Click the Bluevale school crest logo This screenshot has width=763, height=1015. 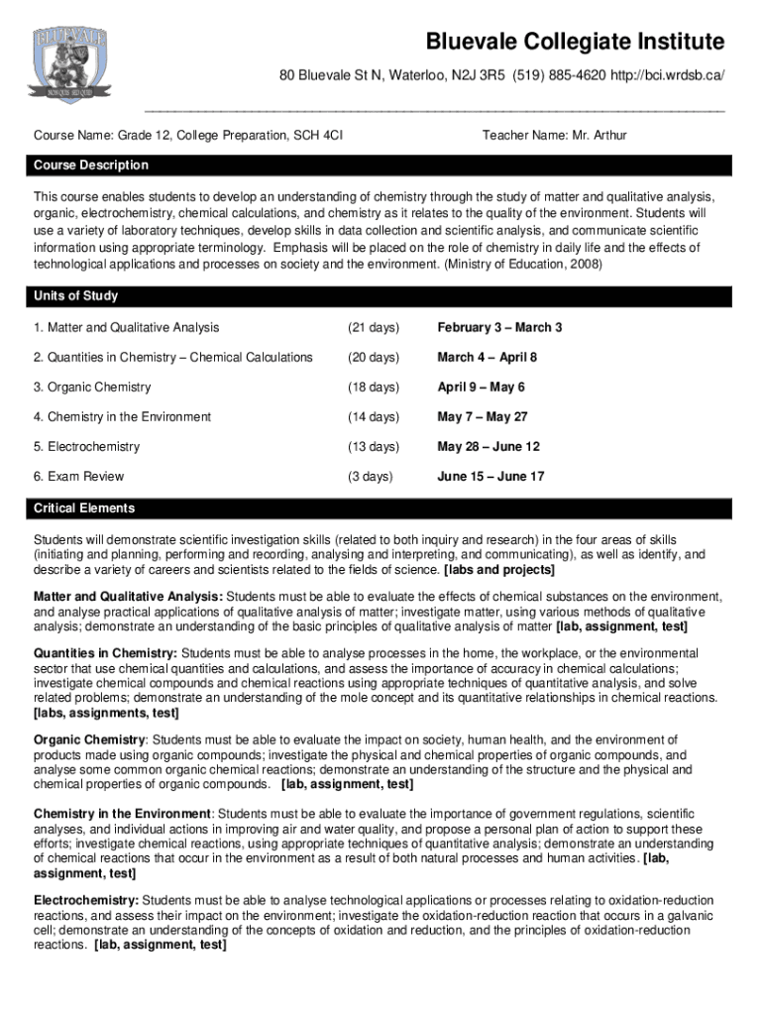coord(69,65)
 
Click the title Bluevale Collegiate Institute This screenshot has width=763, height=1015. coord(575,43)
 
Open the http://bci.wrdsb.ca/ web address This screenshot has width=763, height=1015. coord(665,76)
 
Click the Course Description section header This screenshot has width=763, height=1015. coord(91,166)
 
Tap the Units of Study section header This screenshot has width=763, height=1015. coord(75,296)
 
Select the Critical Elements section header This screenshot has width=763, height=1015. coord(84,508)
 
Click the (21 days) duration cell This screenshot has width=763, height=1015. coord(373,328)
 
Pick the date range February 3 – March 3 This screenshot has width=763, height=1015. coord(499,328)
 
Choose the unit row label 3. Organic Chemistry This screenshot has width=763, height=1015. coord(92,388)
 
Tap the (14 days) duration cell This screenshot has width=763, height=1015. coord(373,417)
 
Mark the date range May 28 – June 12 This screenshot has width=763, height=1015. coord(489,447)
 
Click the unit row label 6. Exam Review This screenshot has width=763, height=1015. coord(79,477)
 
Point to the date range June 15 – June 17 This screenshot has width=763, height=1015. coord(490,477)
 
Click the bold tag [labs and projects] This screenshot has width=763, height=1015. coord(500,571)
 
